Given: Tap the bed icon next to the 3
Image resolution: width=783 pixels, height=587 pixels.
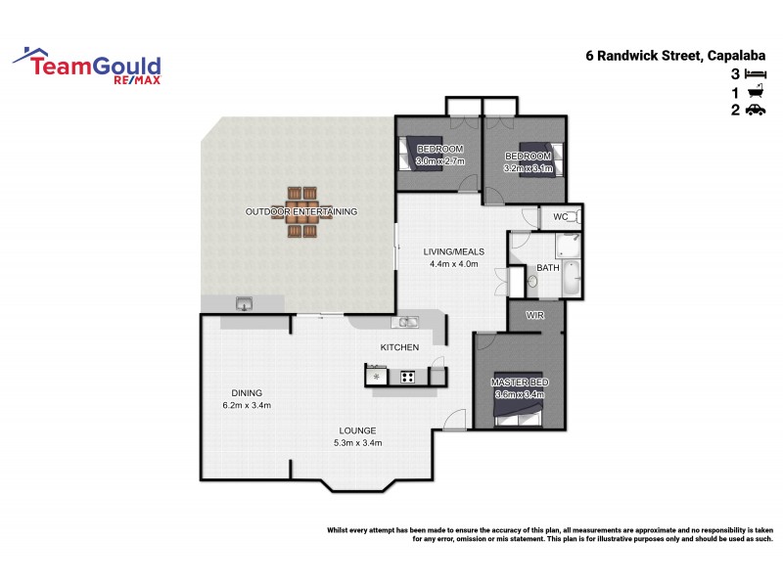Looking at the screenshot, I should [754, 74].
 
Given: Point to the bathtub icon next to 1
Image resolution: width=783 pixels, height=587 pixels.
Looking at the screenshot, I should [754, 93].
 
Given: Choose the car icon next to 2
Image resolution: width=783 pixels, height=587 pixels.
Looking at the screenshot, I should [754, 112].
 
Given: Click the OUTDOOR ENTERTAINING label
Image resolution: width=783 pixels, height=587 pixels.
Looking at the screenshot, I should [301, 211].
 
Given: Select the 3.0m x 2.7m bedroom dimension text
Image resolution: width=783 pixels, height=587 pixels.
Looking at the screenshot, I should [439, 161].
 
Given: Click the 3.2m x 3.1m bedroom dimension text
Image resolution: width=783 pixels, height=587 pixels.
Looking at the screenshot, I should [529, 168].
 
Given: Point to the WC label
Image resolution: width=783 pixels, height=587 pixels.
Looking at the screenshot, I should [561, 216].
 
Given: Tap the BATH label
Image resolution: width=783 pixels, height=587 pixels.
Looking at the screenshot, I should [548, 267].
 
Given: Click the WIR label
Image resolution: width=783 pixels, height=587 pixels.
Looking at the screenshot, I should [535, 315].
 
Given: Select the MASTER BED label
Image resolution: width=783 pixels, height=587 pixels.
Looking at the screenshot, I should [520, 382].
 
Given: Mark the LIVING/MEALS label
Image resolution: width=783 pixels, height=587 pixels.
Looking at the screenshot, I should [453, 251].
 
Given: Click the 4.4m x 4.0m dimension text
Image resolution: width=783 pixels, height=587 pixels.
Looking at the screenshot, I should [453, 264].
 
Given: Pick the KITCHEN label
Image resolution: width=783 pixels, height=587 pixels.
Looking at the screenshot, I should [399, 347].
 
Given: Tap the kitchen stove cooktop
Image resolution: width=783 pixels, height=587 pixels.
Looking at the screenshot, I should [405, 376].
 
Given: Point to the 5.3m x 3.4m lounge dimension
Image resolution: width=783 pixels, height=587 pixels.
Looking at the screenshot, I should [357, 443].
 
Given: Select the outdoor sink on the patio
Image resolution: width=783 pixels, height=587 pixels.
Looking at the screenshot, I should [244, 304].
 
